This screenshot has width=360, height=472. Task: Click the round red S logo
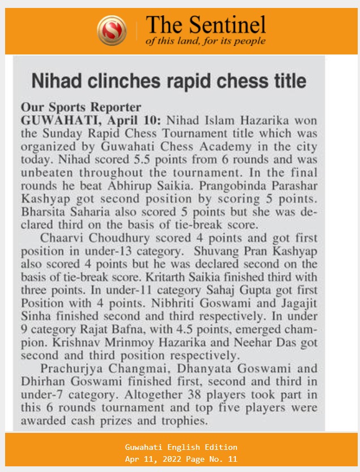112,30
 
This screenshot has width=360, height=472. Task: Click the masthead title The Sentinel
206,24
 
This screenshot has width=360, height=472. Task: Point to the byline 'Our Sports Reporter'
81,107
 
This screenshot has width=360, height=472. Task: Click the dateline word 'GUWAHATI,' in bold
52,120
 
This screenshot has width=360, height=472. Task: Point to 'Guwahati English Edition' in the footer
181,447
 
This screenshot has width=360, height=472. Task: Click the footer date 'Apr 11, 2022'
154,459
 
